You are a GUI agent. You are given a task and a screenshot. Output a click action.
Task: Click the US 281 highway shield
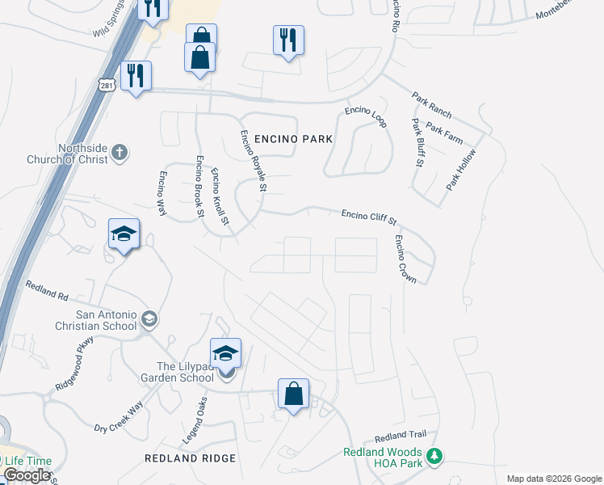tap(107, 85)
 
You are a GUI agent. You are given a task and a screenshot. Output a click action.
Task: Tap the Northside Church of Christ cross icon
tap(119, 152)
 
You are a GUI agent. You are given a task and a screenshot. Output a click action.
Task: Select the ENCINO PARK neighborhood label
tap(293, 139)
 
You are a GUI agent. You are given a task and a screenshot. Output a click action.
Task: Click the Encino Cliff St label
tap(369, 216)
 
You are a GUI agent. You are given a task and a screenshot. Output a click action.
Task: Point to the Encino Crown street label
tap(405, 259)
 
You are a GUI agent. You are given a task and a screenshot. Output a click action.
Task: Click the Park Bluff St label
tap(417, 142)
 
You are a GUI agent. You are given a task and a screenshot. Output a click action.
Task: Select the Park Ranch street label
tap(431, 104)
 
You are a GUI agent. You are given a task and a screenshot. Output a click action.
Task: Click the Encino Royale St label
tap(251, 160)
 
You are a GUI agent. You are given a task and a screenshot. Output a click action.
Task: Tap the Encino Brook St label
tap(198, 187)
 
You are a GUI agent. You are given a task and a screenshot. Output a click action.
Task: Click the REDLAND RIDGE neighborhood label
tap(191, 458)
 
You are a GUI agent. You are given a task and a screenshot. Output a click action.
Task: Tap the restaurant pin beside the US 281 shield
tap(136, 76)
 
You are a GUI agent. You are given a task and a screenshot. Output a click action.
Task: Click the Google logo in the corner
tap(27, 475)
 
